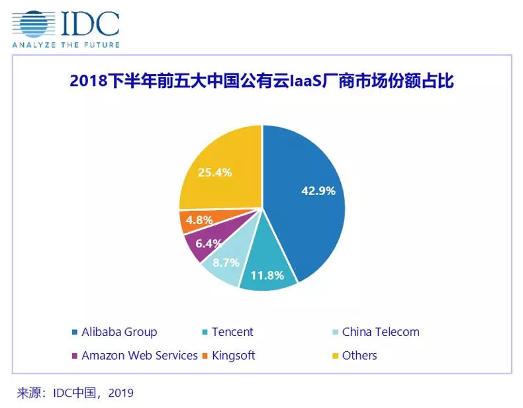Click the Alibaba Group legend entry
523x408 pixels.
click(119, 332)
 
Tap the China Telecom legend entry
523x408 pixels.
click(380, 332)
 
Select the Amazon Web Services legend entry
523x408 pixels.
click(139, 355)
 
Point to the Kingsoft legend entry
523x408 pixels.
click(233, 355)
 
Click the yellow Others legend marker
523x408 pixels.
click(336, 356)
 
